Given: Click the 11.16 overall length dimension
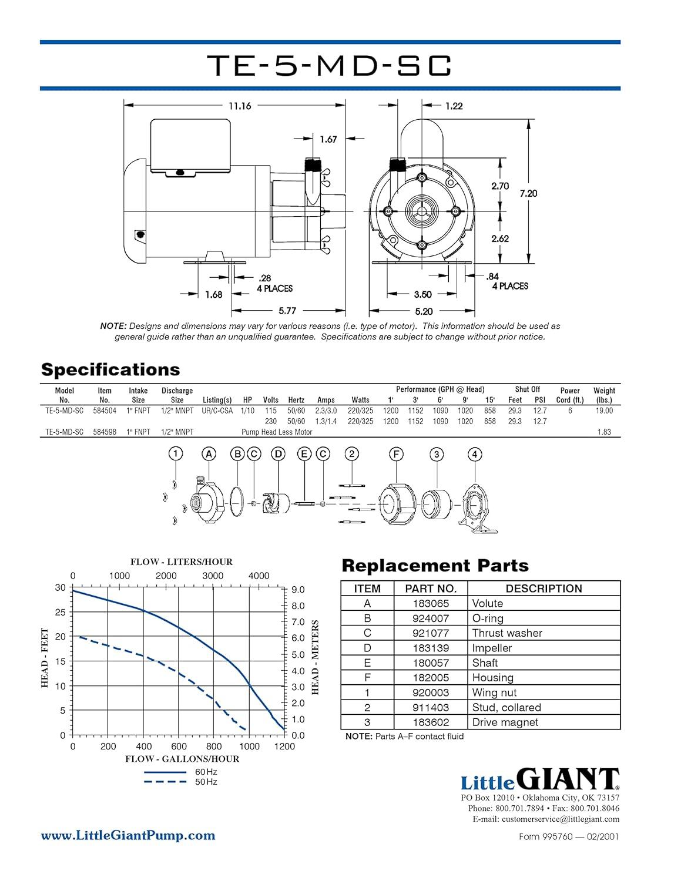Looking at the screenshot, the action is coord(240,106).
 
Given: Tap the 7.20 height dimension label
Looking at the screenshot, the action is coord(528,194).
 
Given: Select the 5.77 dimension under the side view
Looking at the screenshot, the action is coord(287,311).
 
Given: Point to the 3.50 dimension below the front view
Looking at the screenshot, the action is coord(422,294).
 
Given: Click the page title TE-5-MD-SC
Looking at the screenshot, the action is coord(330,65).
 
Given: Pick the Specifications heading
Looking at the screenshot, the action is coord(110,370).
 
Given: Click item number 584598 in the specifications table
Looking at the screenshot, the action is coord(105,432).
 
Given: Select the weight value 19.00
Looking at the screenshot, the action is coord(604,411).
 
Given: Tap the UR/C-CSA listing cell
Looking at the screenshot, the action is coord(217,411).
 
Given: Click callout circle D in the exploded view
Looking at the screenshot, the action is coord(279,453).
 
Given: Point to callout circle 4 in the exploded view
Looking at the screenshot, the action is coord(475,454).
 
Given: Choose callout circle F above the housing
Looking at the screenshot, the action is coord(396,454).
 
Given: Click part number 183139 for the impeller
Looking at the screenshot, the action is coord(431,648).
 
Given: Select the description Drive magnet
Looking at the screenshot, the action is coord(505,722).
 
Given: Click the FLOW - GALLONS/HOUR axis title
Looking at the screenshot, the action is coord(182,759).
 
